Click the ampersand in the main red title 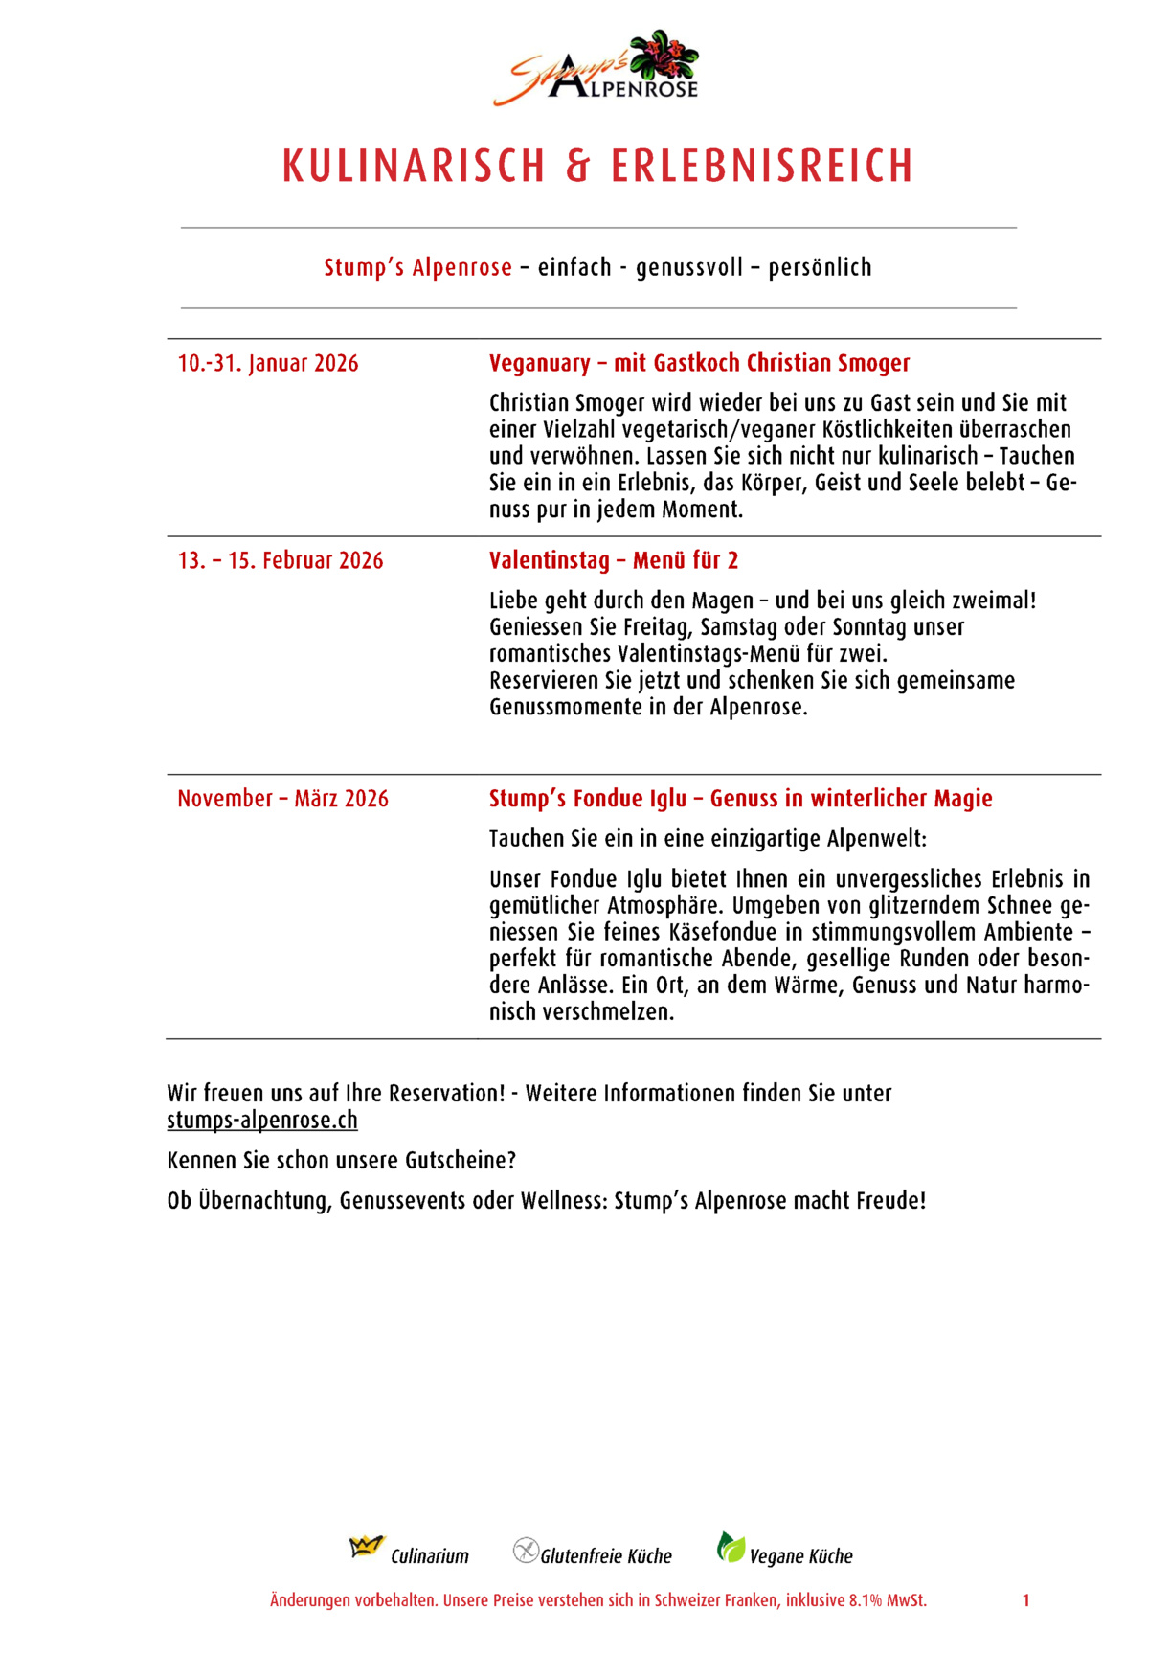577,167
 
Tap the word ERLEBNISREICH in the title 762,167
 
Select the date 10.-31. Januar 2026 268,364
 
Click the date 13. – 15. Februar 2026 281,561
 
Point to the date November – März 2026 283,799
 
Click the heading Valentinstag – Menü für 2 614,561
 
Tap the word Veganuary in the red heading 540,364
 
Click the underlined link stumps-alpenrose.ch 262,1120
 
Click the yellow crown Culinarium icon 366,1547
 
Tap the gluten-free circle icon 526,1550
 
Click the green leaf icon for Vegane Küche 731,1547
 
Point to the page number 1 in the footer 1025,1600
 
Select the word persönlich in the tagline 820,267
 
